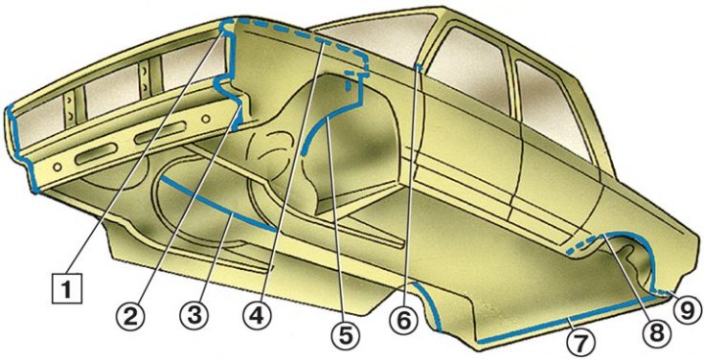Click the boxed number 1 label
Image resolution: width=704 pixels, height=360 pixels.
pyautogui.click(x=67, y=289)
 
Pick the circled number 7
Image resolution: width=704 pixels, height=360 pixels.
pyautogui.click(x=580, y=344)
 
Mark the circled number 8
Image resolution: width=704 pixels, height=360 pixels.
pyautogui.click(x=654, y=331)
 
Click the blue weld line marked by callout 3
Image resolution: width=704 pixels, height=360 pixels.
pyautogui.click(x=216, y=206)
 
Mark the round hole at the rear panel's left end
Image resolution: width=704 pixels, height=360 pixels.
pyautogui.click(x=57, y=167)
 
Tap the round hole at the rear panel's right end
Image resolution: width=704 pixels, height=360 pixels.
pyautogui.click(x=206, y=120)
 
